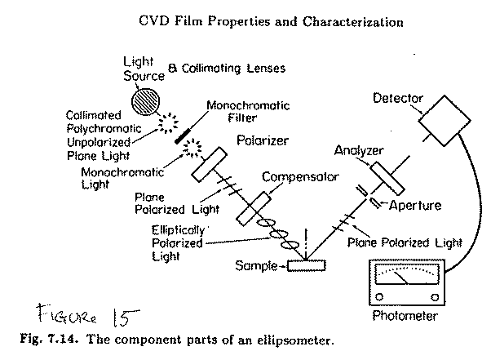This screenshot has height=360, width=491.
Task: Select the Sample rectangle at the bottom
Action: (x=305, y=265)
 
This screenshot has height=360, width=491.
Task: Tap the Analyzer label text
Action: (x=358, y=151)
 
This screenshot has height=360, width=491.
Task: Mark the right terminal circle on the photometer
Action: (x=435, y=295)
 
